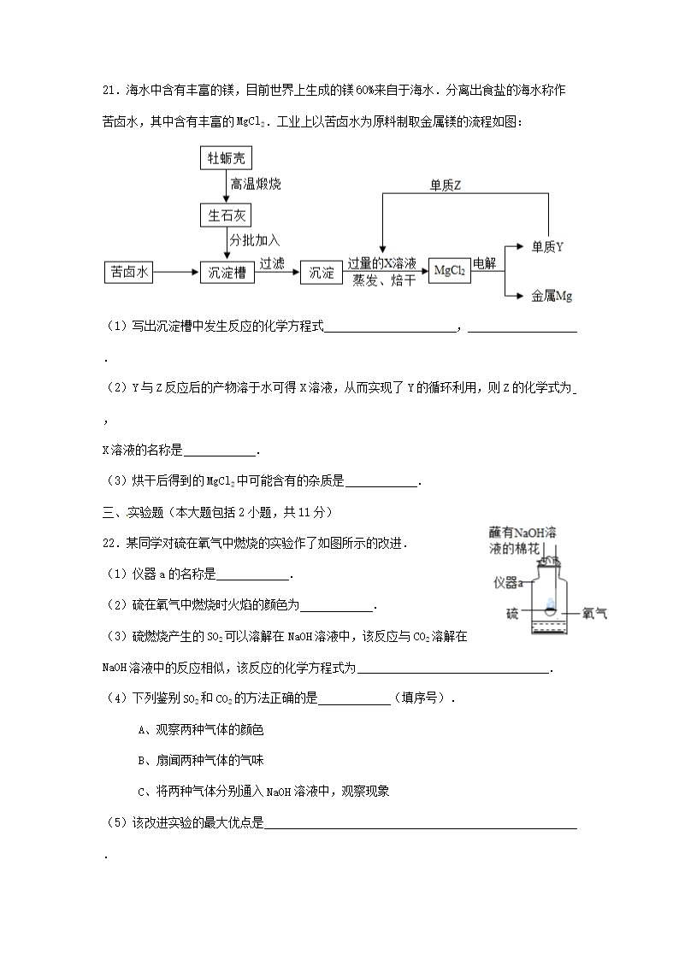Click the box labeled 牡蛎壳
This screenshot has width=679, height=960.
[x=227, y=158]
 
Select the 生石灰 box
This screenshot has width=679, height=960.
[x=227, y=215]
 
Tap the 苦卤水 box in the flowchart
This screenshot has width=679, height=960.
[x=129, y=273]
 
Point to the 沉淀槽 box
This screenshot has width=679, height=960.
[x=227, y=273]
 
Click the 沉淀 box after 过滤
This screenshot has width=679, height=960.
[x=322, y=273]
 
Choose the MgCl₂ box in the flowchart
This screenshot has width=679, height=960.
[x=449, y=271]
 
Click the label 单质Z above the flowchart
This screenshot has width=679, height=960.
[x=446, y=186]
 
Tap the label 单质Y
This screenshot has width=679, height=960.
[x=547, y=247]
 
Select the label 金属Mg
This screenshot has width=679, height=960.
[x=552, y=296]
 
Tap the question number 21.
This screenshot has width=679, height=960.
[x=109, y=91]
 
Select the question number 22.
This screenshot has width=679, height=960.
[x=109, y=543]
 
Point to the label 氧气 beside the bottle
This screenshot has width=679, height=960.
[x=594, y=613]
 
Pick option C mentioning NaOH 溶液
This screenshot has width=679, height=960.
[x=263, y=791]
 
